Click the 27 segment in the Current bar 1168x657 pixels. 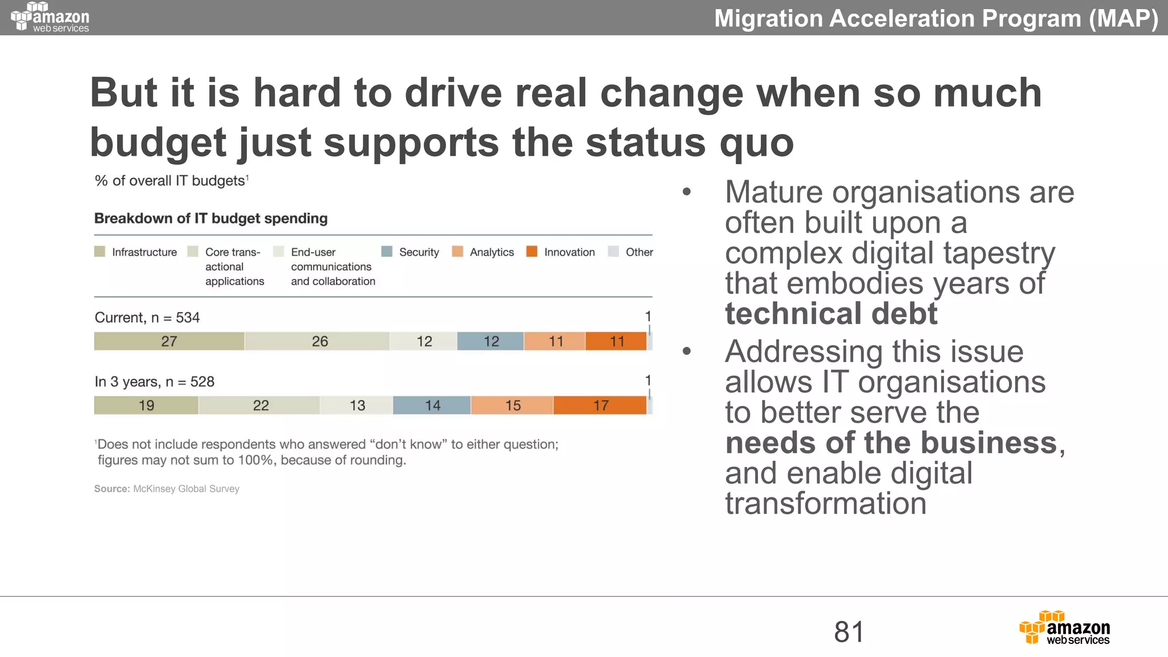coord(169,341)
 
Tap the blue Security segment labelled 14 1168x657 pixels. coord(432,405)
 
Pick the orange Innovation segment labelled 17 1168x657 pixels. coord(600,405)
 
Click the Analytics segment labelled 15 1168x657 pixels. coord(512,405)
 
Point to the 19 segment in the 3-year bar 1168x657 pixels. coord(146,405)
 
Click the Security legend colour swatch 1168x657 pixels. coord(387,252)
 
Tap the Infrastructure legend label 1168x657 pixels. coord(144,252)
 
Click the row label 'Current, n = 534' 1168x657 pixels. coord(147,318)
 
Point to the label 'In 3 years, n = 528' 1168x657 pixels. coord(155,382)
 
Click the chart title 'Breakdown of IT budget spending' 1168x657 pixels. coord(211,218)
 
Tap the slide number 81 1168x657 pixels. coord(849,632)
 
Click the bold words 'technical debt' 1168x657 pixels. coord(831,314)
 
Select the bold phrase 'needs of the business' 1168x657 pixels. coord(891,443)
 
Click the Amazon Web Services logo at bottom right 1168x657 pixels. coord(1065,628)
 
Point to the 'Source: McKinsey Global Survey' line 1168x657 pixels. coord(167,489)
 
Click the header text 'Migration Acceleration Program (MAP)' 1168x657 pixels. coord(936,18)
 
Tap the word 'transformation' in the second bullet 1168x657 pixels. coord(825,504)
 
